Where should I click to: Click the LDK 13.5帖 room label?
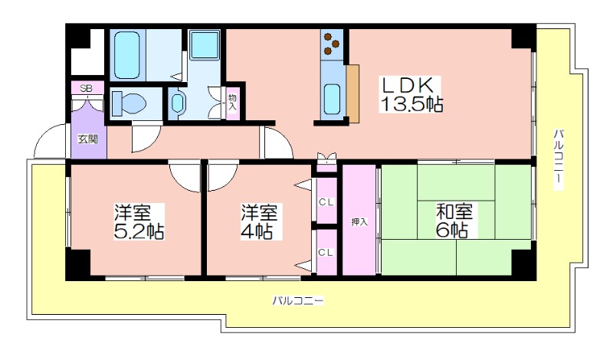pyautogui.click(x=411, y=94)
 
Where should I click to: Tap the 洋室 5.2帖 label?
pyautogui.click(x=139, y=221)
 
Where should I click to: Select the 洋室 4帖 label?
pyautogui.click(x=259, y=221)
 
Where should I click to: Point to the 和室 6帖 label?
pyautogui.click(x=454, y=221)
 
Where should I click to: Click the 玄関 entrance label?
pyautogui.click(x=88, y=139)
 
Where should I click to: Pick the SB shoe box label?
pyautogui.click(x=87, y=89)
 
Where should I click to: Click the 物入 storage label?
pyautogui.click(x=232, y=102)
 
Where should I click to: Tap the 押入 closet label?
pyautogui.click(x=359, y=222)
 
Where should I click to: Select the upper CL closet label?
pyautogui.click(x=326, y=202)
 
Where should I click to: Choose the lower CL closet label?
pyautogui.click(x=326, y=253)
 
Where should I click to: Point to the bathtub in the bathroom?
pyautogui.click(x=127, y=55)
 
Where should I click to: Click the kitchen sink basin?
pyautogui.click(x=332, y=100)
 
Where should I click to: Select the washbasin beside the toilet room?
pyautogui.click(x=178, y=103)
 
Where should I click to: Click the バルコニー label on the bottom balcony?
pyautogui.click(x=298, y=301)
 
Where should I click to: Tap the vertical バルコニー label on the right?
pyautogui.click(x=559, y=159)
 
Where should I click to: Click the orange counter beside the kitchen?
pyautogui.click(x=352, y=93)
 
